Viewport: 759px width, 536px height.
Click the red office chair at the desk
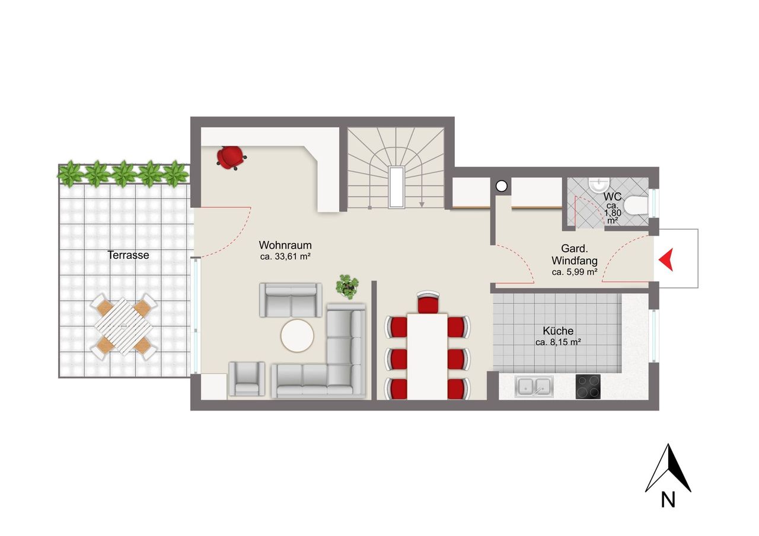(x=231, y=157)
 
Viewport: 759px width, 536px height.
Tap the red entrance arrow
(x=666, y=259)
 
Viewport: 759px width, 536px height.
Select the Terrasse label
(x=128, y=255)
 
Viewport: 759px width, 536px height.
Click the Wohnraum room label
(x=285, y=245)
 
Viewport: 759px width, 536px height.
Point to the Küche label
(x=558, y=330)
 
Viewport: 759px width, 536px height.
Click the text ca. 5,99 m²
(x=575, y=272)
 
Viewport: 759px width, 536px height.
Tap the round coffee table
(x=297, y=336)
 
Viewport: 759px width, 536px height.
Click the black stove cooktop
(x=588, y=386)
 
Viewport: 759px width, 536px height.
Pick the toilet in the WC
(x=636, y=206)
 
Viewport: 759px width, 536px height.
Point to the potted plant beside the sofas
(x=347, y=287)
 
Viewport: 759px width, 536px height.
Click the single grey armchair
(x=247, y=378)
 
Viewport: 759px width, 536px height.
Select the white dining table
(x=427, y=357)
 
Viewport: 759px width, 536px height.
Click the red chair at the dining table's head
(x=428, y=302)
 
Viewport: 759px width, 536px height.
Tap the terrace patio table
(x=123, y=326)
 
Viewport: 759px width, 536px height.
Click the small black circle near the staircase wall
(x=501, y=186)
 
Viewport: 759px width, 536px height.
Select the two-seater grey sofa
(x=291, y=300)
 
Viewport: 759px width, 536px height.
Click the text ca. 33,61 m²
(x=285, y=256)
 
